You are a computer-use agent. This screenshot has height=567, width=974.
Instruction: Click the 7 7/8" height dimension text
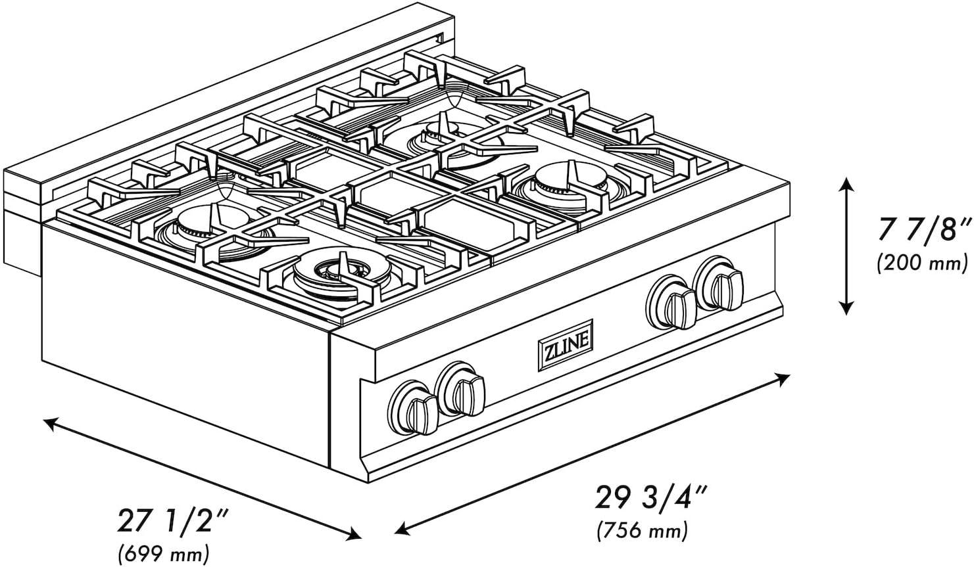pyautogui.click(x=922, y=233)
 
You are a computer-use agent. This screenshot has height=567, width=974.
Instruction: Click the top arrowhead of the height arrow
pyautogui.click(x=846, y=185)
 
